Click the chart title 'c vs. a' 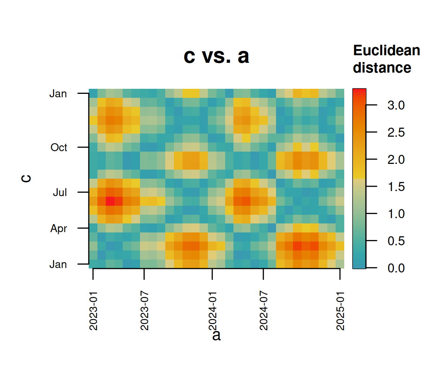tap(216, 56)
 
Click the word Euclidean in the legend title tap(386, 51)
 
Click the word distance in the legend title tap(382, 68)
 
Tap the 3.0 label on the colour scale tap(396, 105)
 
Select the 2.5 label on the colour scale tap(396, 132)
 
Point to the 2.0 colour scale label tap(396, 160)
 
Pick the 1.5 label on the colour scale tap(396, 187)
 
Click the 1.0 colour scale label tap(396, 214)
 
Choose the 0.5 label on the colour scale tap(396, 241)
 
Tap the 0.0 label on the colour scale tap(396, 268)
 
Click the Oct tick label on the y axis tap(59, 148)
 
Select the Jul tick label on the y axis tap(60, 192)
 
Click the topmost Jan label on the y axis tap(58, 94)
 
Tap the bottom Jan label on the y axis tap(58, 265)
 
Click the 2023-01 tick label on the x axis tap(93, 311)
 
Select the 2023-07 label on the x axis tap(144, 311)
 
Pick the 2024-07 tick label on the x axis tap(264, 311)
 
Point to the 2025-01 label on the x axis tap(340, 311)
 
